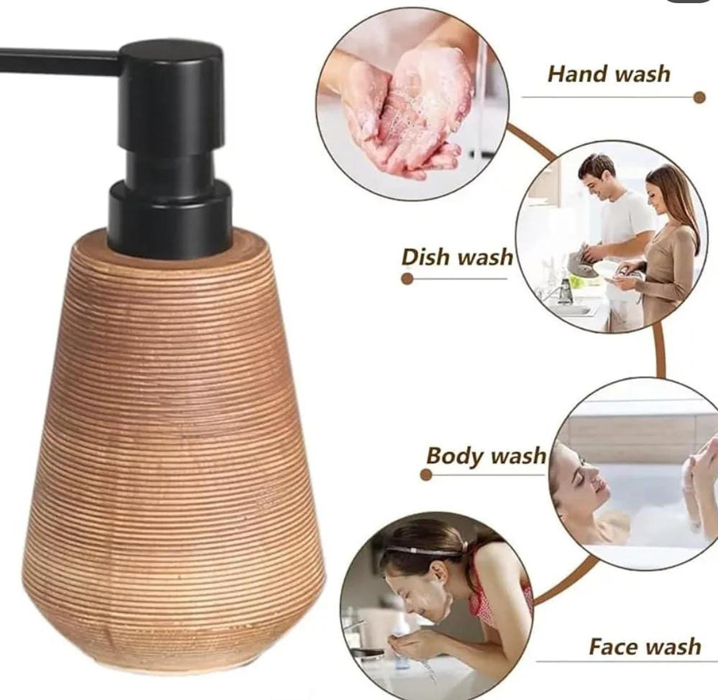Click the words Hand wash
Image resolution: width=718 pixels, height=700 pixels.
609,74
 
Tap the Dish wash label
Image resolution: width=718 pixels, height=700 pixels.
457,257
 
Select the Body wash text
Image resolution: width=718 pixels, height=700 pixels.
486,456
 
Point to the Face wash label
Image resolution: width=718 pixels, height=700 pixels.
644,646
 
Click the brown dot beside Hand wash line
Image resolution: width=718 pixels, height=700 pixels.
699,97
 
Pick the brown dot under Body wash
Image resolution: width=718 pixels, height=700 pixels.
426,475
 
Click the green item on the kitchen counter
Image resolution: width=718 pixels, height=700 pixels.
578,281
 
